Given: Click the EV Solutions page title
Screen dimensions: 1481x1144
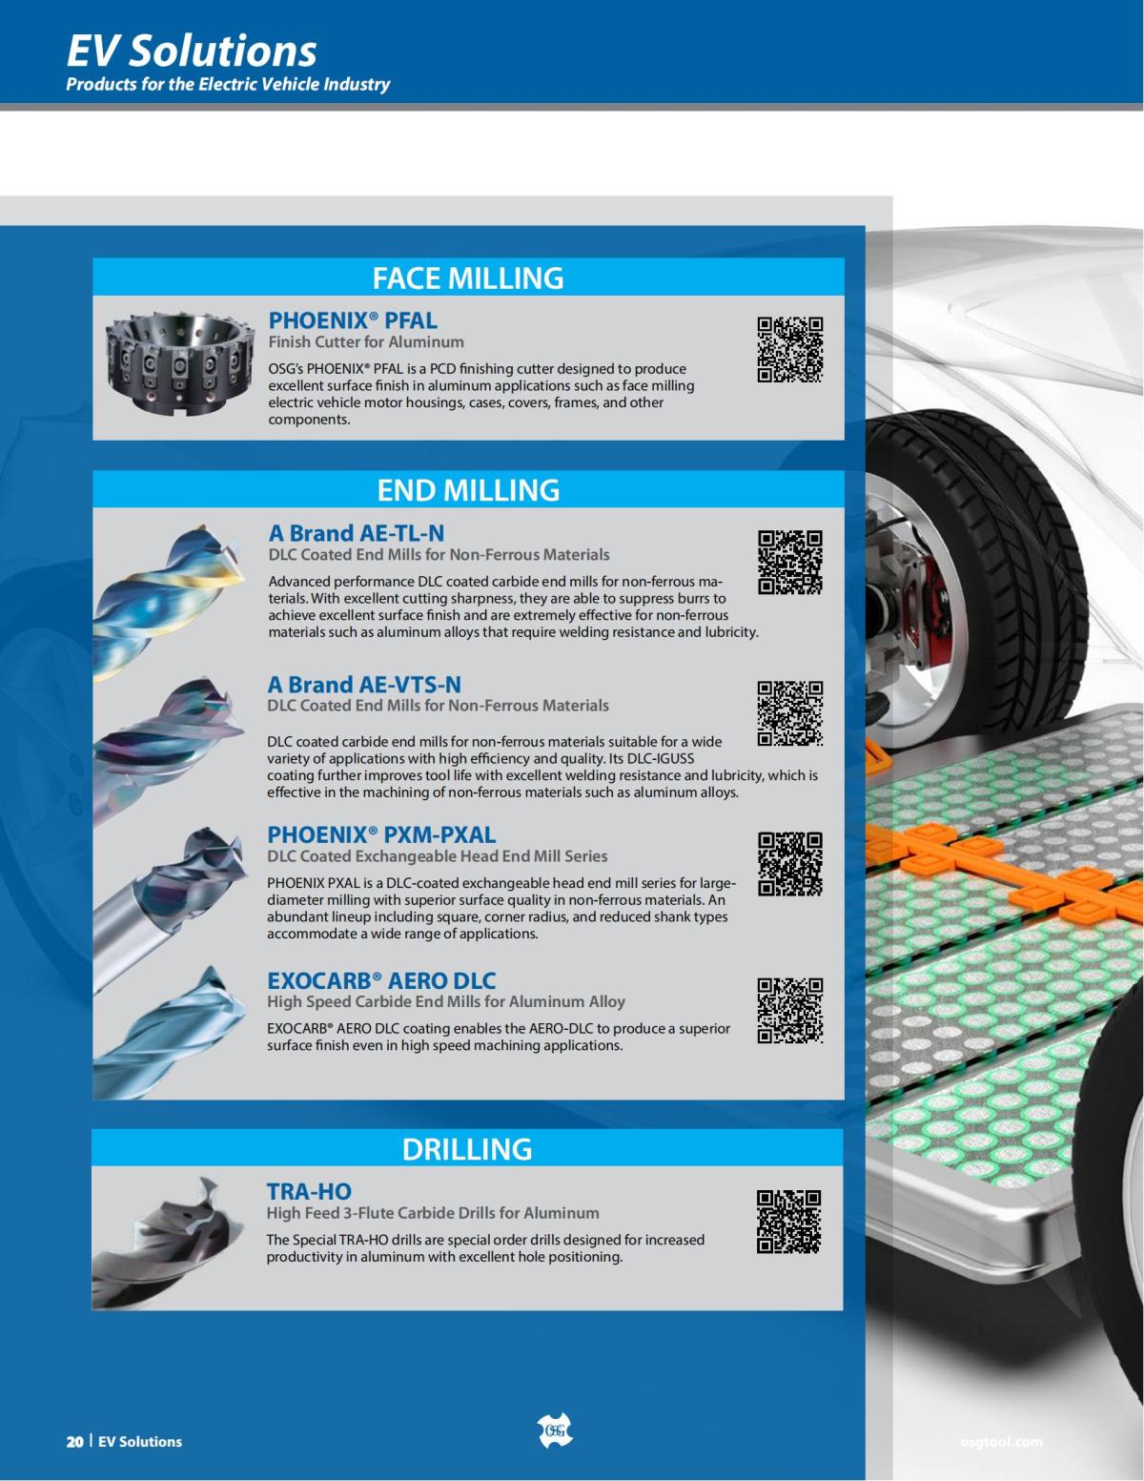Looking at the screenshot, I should [x=192, y=51].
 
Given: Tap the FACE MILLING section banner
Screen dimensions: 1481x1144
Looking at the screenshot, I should [x=468, y=278].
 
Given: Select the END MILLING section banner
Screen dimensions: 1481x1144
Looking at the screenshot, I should [x=468, y=490].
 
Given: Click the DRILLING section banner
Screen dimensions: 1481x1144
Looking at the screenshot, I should [x=467, y=1149].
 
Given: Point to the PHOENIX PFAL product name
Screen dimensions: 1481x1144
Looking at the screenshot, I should [x=353, y=320].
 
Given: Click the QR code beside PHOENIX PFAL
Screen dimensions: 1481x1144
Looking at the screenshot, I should [x=790, y=349].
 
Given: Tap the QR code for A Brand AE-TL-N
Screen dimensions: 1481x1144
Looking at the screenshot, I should [x=790, y=562].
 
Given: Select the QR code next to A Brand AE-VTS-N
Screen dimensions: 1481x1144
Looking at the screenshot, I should [x=790, y=712].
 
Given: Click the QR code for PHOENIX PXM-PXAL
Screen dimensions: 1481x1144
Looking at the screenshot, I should [x=790, y=863].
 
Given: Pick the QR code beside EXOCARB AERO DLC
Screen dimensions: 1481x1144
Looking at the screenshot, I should [x=790, y=1010].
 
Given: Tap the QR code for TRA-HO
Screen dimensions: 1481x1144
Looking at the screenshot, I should [x=788, y=1222].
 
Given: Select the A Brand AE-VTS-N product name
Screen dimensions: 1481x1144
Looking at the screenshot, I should [x=364, y=685].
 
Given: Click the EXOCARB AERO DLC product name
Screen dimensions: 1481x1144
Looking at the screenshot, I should [x=381, y=980].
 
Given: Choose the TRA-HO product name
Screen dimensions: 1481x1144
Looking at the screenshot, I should [x=309, y=1192].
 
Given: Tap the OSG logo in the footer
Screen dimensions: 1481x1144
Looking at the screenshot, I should [x=555, y=1430].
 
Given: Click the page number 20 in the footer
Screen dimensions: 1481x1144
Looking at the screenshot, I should [x=74, y=1442].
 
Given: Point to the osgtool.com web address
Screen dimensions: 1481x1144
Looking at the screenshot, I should [x=1001, y=1442].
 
